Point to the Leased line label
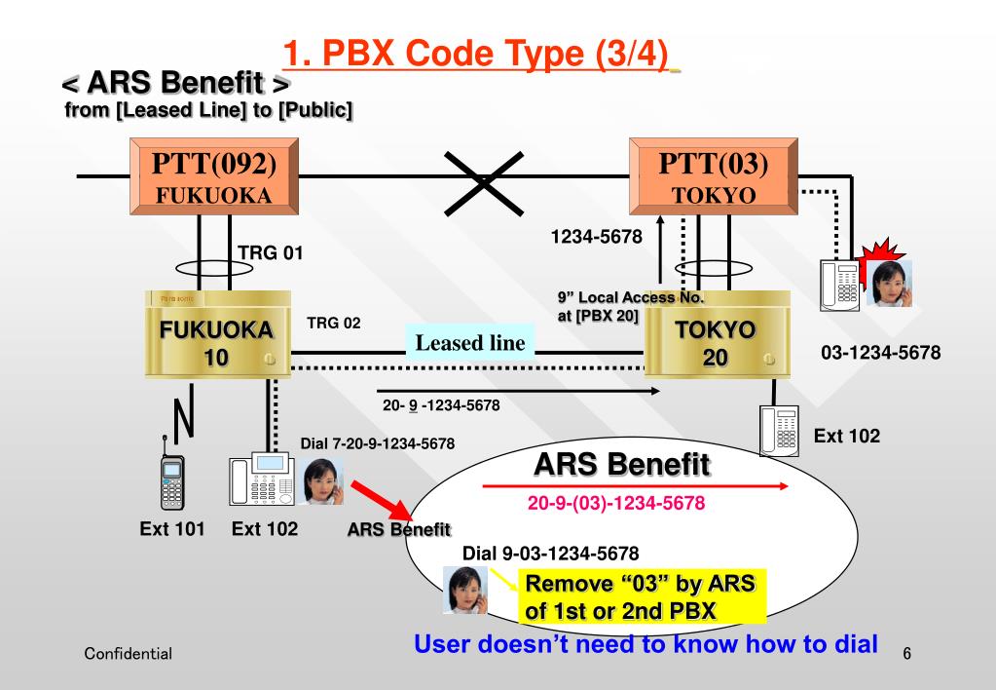click(x=470, y=342)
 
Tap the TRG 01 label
click(x=271, y=254)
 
